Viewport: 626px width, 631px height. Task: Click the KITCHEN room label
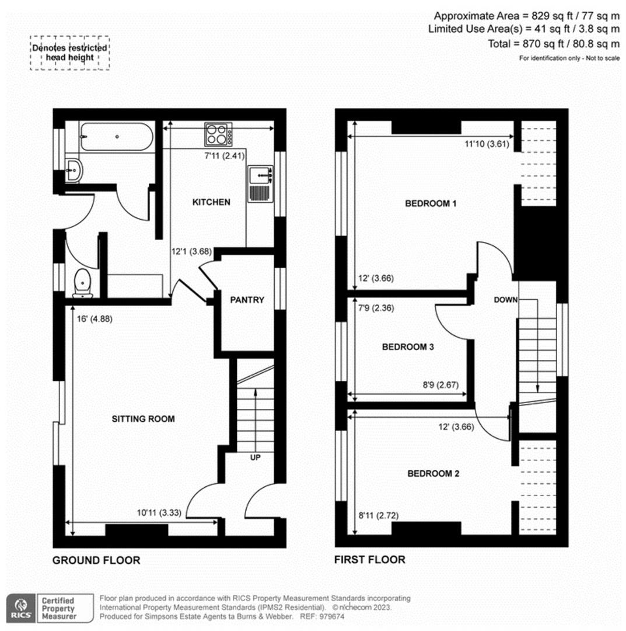pos(211,202)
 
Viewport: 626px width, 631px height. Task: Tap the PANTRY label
pos(247,300)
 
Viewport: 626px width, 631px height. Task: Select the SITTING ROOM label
pos(143,419)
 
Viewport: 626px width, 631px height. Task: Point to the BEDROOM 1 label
pos(431,203)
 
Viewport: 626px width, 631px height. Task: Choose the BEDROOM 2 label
pos(433,473)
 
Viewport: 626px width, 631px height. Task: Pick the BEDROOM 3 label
pos(408,347)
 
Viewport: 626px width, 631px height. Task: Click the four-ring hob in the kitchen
pos(218,134)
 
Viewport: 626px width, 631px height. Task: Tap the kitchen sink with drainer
pos(261,183)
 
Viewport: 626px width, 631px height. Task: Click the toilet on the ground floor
pos(83,283)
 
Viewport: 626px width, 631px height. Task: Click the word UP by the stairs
pos(255,457)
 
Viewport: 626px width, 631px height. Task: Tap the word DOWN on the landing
pos(505,300)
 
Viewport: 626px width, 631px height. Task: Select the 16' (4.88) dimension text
pos(95,319)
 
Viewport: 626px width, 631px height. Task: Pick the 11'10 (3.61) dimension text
pos(487,144)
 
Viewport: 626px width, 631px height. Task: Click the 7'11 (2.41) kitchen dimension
pos(225,156)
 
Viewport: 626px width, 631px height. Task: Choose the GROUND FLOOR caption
pos(96,560)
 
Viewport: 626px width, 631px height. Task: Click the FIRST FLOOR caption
pos(370,560)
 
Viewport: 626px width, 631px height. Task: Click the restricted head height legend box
pos(70,53)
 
